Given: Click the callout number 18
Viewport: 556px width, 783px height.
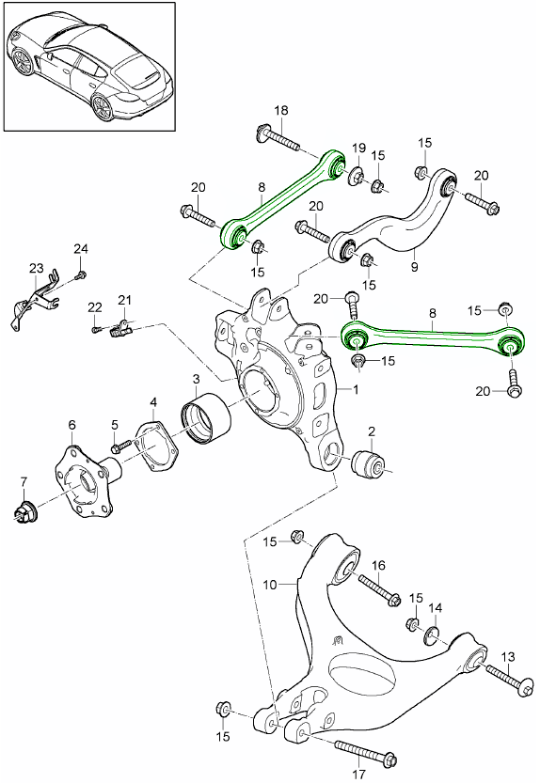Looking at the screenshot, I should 280,112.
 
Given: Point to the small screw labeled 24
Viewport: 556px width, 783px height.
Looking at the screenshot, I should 82,274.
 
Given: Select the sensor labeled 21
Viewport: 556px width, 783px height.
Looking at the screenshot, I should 121,328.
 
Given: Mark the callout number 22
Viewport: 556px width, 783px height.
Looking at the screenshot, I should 95,306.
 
